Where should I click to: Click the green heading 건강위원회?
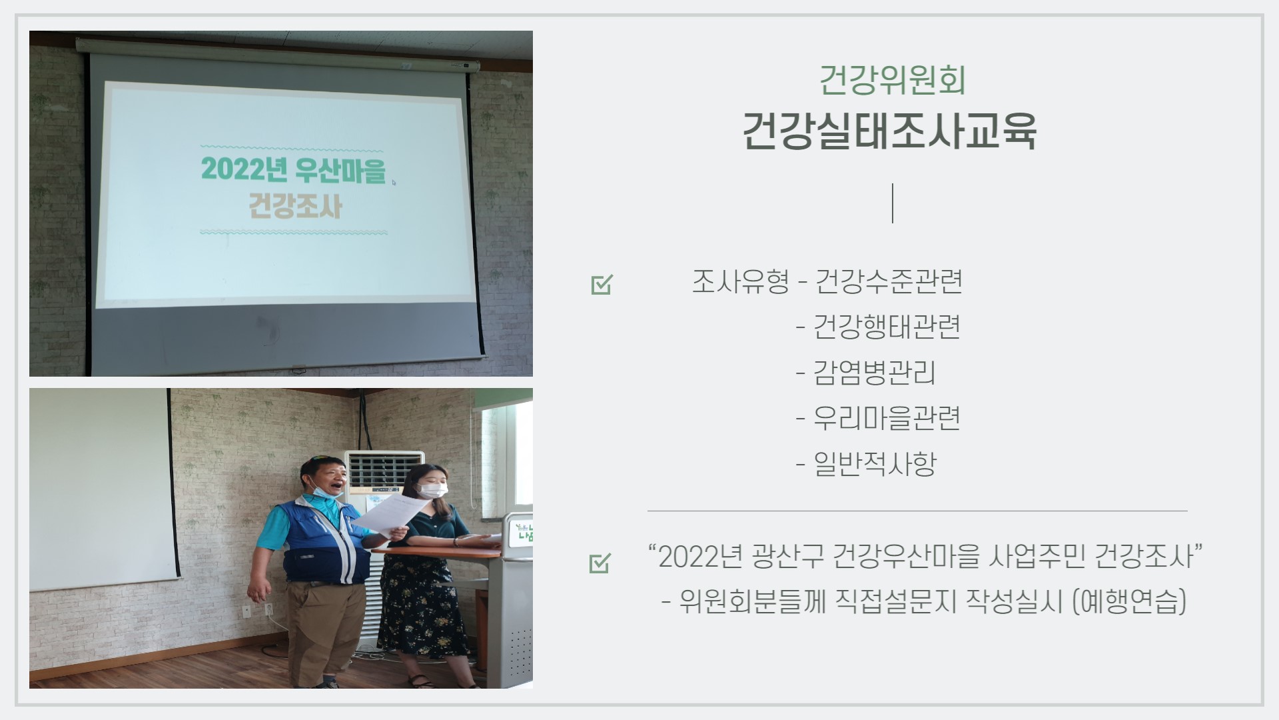(892, 81)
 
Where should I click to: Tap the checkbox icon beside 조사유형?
(601, 285)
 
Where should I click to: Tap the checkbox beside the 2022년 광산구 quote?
(600, 563)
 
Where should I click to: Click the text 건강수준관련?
(889, 281)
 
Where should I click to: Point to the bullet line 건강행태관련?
(878, 327)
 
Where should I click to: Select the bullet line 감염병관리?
(866, 373)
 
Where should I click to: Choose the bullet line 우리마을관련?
(878, 418)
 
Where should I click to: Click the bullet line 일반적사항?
(866, 463)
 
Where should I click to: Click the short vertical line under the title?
(893, 203)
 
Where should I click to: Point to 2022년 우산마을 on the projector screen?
(293, 169)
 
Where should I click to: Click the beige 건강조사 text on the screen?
(295, 206)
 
